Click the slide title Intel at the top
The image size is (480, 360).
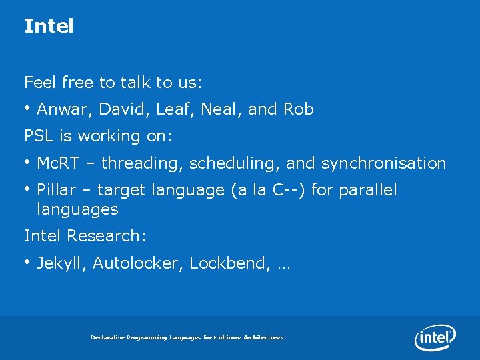(x=49, y=26)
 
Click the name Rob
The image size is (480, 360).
(x=299, y=109)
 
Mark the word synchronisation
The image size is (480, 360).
(x=383, y=163)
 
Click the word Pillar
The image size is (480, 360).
(x=55, y=190)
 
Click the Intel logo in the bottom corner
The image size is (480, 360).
(x=435, y=337)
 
